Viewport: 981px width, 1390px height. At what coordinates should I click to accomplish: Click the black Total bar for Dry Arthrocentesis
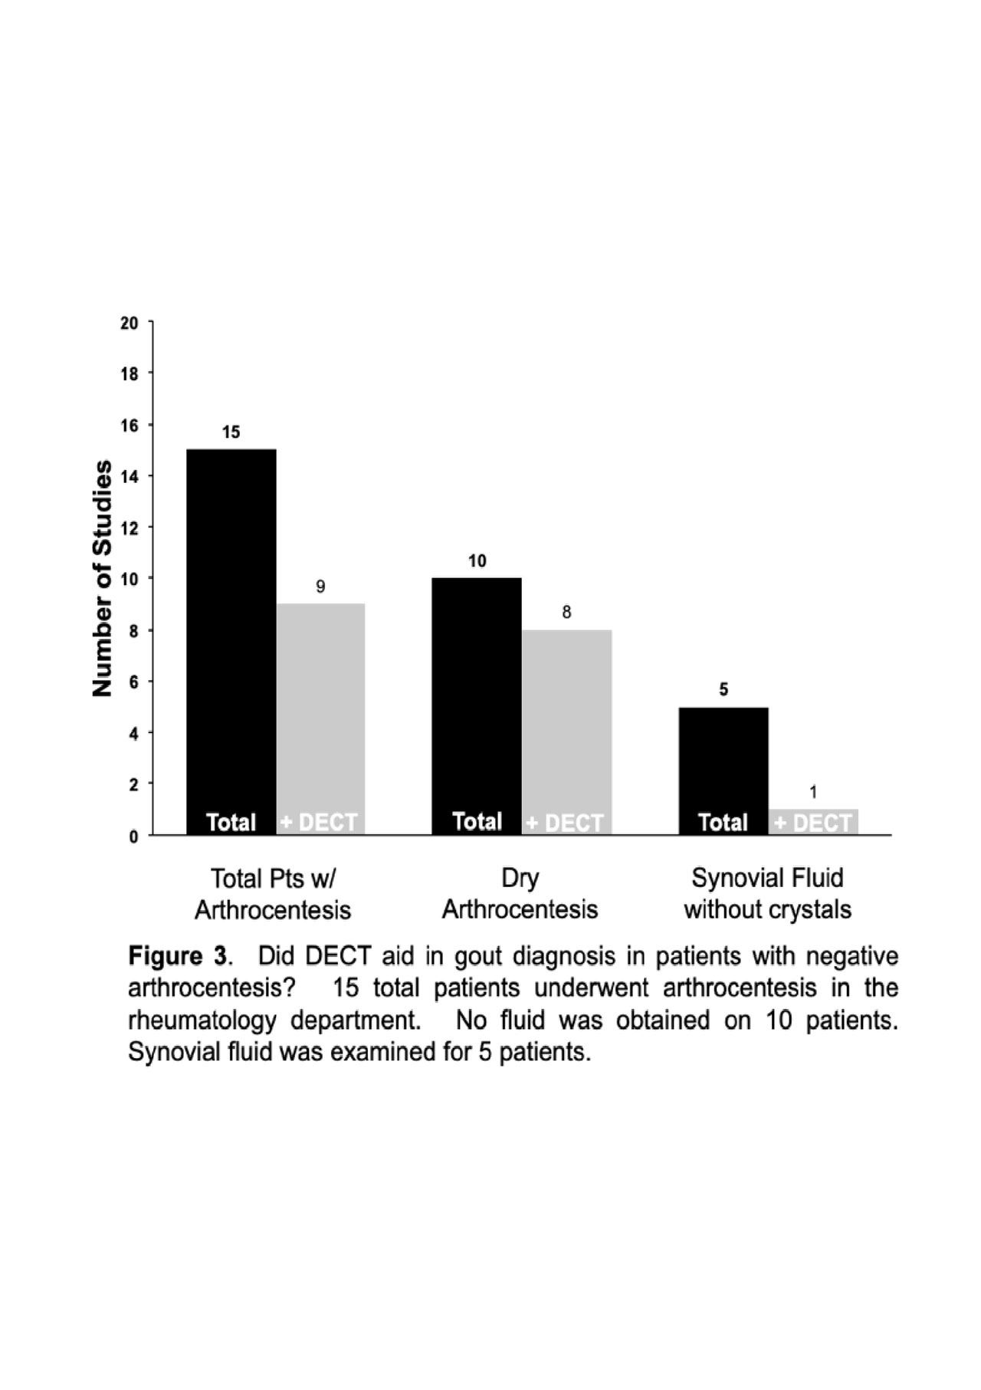pos(477,705)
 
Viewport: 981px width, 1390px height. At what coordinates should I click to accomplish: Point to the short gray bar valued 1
pos(813,821)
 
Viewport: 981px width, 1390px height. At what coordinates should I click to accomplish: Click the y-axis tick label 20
pos(130,324)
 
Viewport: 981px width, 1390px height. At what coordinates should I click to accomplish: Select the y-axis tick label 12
pos(130,528)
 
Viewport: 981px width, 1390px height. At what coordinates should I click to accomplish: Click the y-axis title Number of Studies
pos(103,578)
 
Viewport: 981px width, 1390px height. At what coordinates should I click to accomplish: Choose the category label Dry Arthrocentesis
pos(520,894)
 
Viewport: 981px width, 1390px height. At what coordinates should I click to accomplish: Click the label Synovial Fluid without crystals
pos(767,894)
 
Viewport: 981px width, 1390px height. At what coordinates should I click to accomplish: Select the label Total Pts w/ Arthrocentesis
pos(273,894)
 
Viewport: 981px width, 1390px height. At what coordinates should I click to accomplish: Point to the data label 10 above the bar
pos(477,561)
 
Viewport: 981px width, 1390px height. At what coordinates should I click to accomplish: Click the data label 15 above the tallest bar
pos(231,432)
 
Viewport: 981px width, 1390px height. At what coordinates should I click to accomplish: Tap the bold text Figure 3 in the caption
pos(178,956)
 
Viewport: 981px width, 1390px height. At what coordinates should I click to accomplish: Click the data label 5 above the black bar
pos(723,690)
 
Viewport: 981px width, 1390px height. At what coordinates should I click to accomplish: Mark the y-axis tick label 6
pos(134,682)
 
